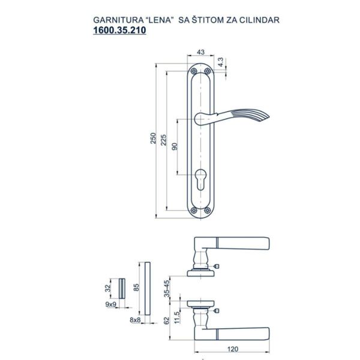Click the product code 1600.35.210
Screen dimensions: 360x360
tap(119, 31)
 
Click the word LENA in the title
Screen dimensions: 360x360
tap(159, 20)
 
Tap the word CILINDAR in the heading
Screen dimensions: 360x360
tap(259, 20)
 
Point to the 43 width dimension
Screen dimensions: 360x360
tap(200, 52)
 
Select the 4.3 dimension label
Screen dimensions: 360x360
tap(220, 62)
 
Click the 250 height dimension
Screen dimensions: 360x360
tap(153, 138)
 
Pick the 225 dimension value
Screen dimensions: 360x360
tap(163, 140)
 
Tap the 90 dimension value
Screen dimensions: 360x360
tap(175, 146)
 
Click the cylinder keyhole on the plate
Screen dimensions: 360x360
tap(200, 180)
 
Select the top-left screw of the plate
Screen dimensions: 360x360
tap(194, 71)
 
